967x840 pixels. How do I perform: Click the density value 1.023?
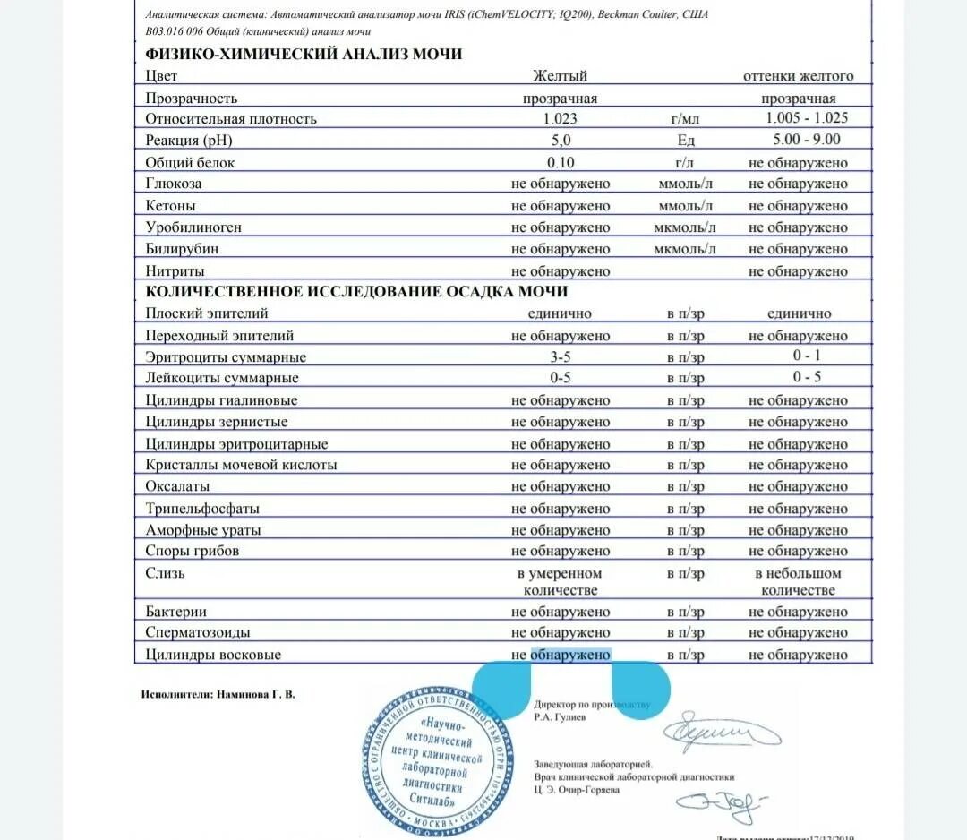[x=561, y=118]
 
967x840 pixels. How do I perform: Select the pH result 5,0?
[x=561, y=140]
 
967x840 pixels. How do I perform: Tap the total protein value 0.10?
[x=561, y=162]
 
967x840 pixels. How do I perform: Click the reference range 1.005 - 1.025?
[x=806, y=117]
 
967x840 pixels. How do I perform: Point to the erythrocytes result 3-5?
[x=561, y=356]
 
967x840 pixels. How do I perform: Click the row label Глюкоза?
[x=174, y=184]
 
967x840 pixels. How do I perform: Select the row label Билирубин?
[x=182, y=249]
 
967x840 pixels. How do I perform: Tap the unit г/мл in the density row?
[x=685, y=118]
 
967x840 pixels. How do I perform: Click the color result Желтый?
[x=561, y=76]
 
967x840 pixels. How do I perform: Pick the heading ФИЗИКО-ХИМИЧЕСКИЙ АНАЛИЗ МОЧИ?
[x=304, y=54]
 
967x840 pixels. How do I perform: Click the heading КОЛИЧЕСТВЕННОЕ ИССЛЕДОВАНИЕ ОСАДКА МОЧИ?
[x=356, y=292]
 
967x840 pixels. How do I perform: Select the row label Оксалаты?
[x=177, y=486]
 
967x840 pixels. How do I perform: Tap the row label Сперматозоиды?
[x=198, y=633]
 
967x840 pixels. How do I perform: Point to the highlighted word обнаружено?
[x=570, y=655]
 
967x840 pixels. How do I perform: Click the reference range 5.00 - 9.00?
[x=806, y=139]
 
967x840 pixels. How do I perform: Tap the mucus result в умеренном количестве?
[x=561, y=582]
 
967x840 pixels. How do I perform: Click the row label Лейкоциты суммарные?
[x=222, y=378]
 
